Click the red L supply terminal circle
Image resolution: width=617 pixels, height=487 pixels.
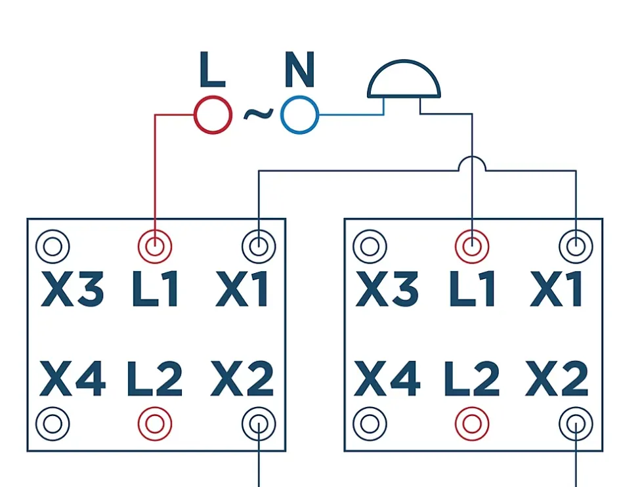point(213,116)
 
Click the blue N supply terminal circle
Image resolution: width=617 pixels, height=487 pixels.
point(299,116)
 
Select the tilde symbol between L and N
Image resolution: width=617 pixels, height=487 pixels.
point(257,115)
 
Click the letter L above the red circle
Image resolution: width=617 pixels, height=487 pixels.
point(211,72)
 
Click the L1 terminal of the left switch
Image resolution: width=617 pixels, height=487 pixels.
point(155,247)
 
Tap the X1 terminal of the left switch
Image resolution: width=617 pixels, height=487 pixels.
point(259,247)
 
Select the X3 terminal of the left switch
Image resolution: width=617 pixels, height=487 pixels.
point(53,247)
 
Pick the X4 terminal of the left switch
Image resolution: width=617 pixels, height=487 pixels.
point(53,424)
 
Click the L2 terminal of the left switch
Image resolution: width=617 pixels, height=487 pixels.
point(155,424)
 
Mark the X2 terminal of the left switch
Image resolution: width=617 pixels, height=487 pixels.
point(259,424)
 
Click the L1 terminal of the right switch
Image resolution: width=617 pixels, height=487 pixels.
point(472,247)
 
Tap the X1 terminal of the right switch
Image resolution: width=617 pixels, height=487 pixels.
point(576,247)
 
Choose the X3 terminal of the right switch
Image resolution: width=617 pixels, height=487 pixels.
point(370,247)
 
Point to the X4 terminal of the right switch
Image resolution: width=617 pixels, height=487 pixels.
point(370,424)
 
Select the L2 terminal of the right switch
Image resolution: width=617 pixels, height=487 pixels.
point(472,424)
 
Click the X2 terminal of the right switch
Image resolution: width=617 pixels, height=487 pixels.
point(576,424)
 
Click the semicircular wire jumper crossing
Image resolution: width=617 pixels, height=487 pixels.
point(472,164)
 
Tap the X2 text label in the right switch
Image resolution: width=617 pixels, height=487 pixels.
point(557,379)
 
